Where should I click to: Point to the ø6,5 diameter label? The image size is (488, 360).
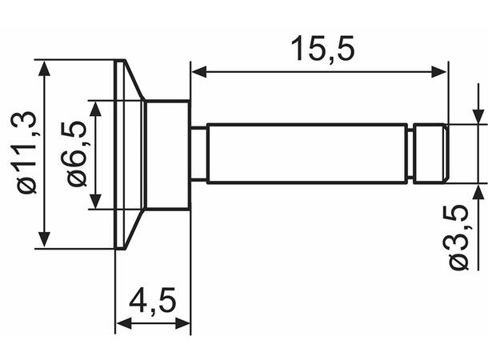pyautogui.click(x=76, y=154)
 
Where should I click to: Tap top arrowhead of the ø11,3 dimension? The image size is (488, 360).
pyautogui.click(x=46, y=67)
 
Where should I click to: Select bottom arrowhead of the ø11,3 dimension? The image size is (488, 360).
pyautogui.click(x=46, y=239)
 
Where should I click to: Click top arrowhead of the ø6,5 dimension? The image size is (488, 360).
pyautogui.click(x=96, y=108)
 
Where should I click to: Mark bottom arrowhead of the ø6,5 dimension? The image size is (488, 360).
pyautogui.click(x=96, y=202)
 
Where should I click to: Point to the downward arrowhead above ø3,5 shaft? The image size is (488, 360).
pyautogui.click(x=478, y=117)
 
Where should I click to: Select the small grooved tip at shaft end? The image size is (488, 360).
pyautogui.click(x=431, y=153)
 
